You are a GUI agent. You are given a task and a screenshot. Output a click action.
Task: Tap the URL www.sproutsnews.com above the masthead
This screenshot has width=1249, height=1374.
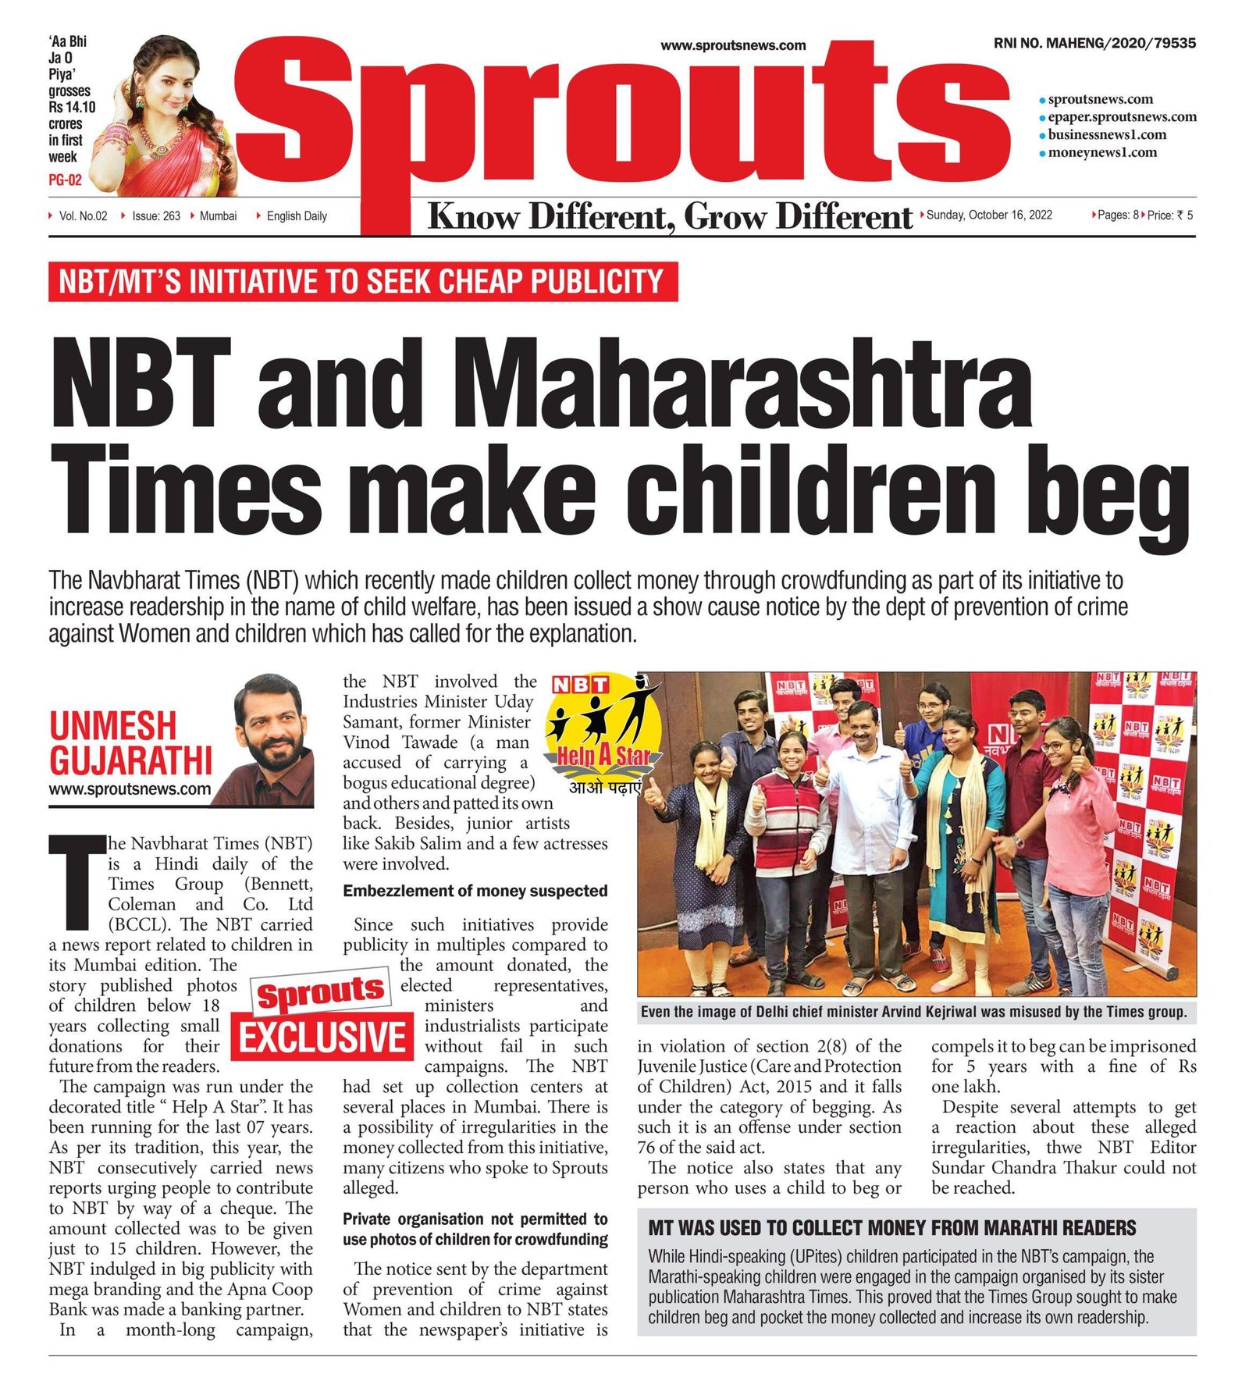click(732, 46)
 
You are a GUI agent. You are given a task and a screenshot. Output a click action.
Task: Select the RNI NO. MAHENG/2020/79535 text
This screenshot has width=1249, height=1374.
click(1094, 44)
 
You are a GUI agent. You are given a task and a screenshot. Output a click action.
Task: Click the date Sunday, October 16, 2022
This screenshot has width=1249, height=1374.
click(989, 215)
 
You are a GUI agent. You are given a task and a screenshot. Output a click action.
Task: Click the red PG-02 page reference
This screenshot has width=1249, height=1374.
click(65, 180)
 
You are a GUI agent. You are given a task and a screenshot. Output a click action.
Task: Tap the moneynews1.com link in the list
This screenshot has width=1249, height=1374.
click(1101, 152)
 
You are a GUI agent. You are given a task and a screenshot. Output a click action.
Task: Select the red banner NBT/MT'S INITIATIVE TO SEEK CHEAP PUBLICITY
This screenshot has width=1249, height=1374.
click(362, 282)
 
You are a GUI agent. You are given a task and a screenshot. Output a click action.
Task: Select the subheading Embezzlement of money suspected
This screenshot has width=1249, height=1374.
click(475, 892)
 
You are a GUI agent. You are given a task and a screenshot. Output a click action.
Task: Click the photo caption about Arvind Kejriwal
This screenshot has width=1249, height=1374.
click(913, 1013)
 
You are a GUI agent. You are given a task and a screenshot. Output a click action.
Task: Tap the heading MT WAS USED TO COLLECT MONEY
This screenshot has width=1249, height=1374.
click(891, 1228)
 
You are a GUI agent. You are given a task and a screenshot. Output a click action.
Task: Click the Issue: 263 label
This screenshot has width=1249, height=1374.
click(155, 216)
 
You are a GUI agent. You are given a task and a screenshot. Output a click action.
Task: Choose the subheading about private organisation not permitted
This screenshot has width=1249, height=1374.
click(475, 1230)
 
